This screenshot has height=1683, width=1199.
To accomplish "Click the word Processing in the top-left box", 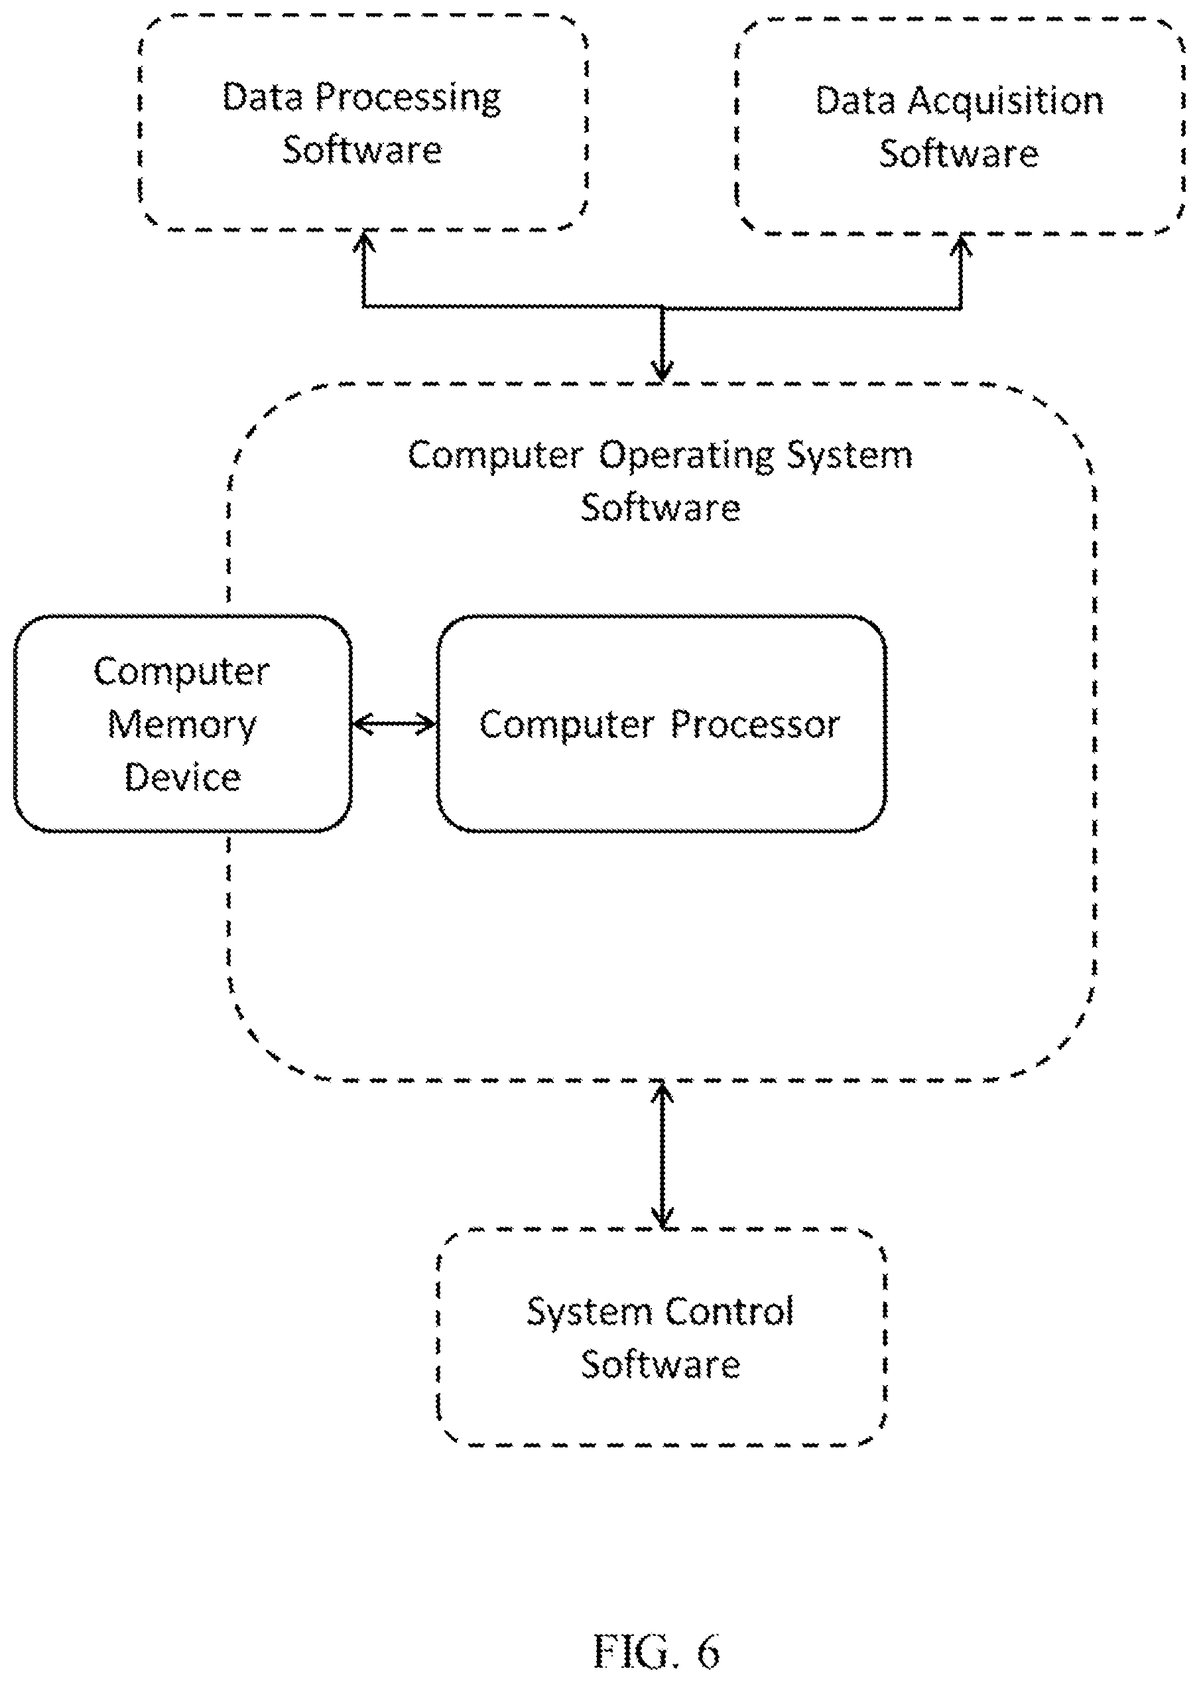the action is pos(409,98).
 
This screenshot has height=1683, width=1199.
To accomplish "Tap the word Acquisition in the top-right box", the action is pos(1005,102).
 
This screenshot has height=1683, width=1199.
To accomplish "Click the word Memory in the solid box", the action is pos(182,725).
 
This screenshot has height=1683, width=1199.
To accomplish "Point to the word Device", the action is pos(182,777).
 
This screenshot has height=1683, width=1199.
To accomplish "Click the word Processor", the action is pos(755,725).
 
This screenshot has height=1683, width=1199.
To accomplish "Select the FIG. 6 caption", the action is pos(657,1652).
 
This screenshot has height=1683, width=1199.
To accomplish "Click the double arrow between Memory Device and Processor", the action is pos(395,723).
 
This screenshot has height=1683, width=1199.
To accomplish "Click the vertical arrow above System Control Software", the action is pos(662,1155).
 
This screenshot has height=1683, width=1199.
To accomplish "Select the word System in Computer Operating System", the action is pos(849,456).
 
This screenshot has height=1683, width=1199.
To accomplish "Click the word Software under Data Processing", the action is pos(363,150).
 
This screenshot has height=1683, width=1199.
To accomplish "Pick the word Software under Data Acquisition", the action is pos(959,154).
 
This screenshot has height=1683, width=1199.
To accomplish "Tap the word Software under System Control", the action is pos(661,1364).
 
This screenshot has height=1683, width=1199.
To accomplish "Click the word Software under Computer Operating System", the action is pos(661,508).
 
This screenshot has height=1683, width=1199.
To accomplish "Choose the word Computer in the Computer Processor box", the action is pos(567,725).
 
